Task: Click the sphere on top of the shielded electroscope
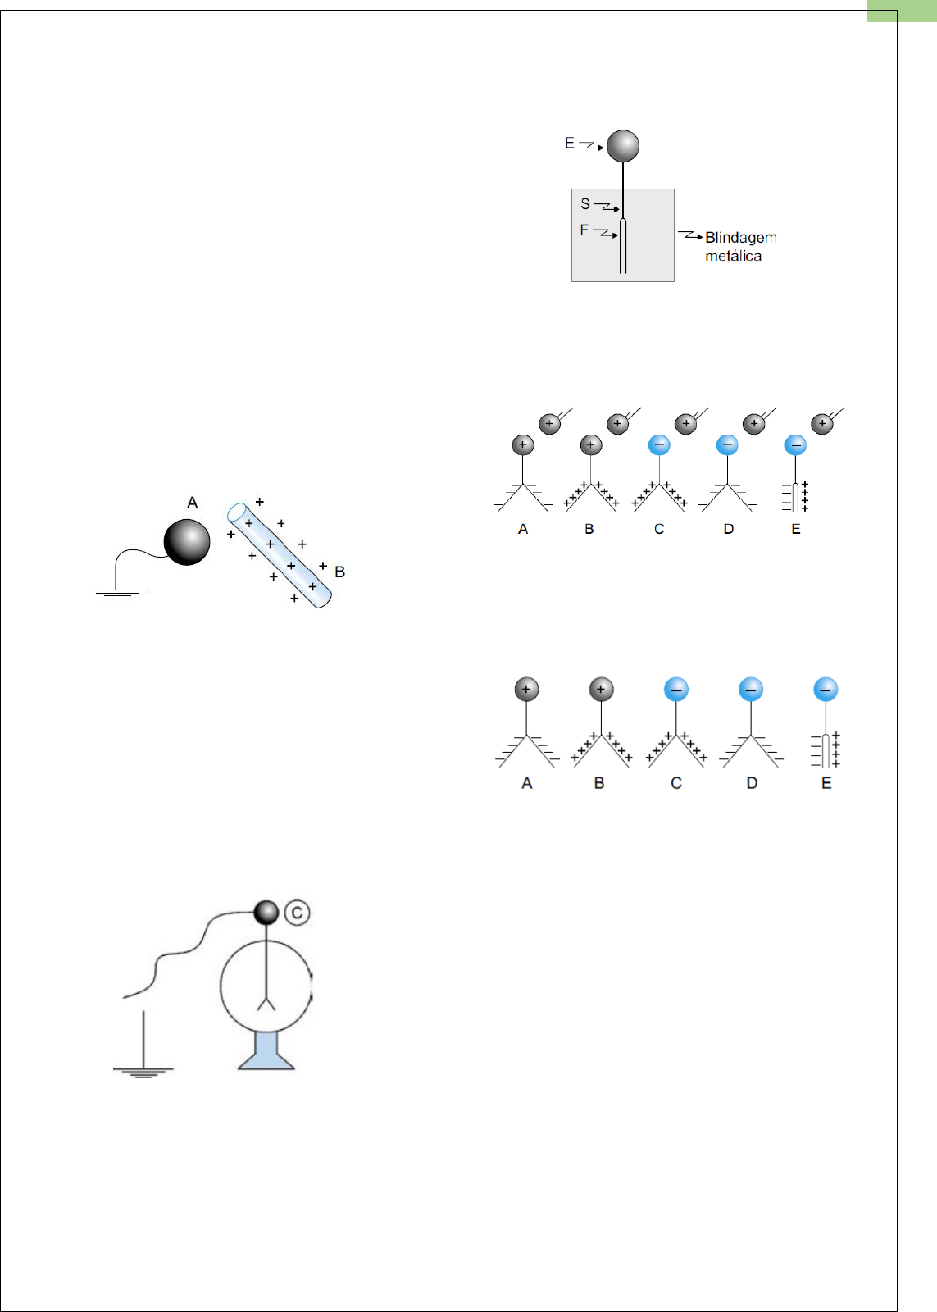tap(623, 146)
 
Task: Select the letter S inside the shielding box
tap(585, 203)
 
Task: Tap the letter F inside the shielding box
tap(584, 230)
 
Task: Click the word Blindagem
tap(740, 238)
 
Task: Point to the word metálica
tap(733, 257)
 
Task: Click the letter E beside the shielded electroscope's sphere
tap(570, 143)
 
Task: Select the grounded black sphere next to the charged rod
tap(187, 542)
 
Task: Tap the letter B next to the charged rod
tap(339, 572)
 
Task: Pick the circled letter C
tap(297, 913)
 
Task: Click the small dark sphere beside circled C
tap(266, 912)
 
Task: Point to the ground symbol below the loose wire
tap(143, 1071)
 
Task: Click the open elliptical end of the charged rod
tap(238, 513)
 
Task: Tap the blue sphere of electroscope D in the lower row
tap(751, 690)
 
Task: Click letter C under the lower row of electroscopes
tap(676, 784)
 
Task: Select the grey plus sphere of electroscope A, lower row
tap(526, 690)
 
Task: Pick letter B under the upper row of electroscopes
tap(589, 530)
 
